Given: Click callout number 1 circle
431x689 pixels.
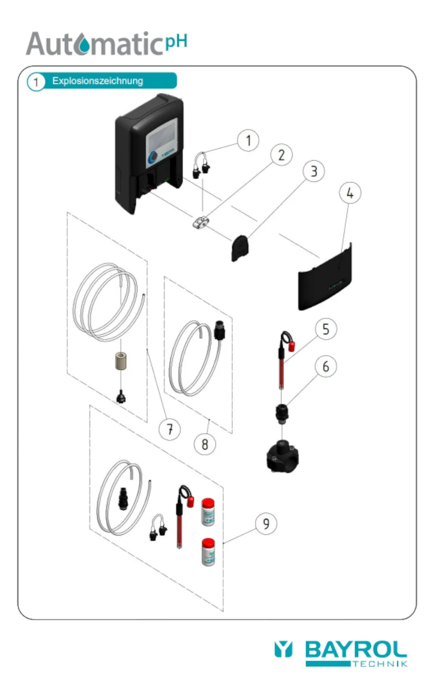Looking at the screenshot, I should (248, 140).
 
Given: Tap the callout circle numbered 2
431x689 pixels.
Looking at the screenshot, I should (281, 155).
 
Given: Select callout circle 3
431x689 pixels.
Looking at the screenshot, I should (313, 171).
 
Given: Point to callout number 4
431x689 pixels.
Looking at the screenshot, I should (350, 193).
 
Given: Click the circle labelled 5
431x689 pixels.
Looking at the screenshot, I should (325, 329).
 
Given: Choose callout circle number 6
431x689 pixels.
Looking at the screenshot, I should (325, 366).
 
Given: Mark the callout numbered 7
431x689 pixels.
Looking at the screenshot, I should (170, 429).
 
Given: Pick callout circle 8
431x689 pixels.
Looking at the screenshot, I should (205, 444).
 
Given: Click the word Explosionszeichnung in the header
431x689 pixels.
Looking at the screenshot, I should (97, 81).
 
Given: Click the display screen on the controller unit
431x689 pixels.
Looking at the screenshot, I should (162, 138).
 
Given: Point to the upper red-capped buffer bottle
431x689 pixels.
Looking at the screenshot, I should (208, 512).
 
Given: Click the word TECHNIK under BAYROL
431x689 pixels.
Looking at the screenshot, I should (379, 664).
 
